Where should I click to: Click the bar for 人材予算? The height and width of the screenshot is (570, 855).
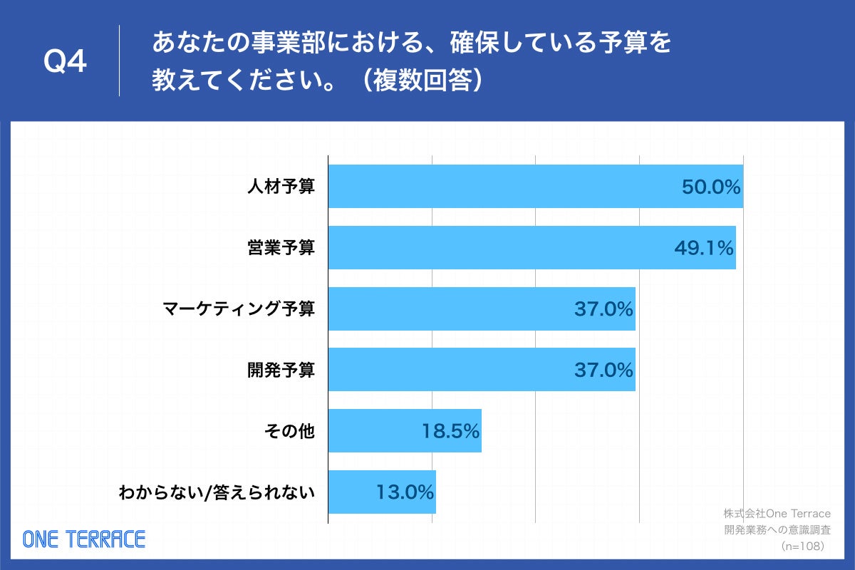(x=499, y=187)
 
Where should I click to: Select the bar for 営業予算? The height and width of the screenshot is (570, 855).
(x=499, y=248)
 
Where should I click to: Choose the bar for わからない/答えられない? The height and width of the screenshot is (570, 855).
(x=356, y=492)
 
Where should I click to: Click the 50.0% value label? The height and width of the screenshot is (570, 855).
(x=711, y=187)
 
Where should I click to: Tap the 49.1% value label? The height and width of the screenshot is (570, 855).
(x=703, y=249)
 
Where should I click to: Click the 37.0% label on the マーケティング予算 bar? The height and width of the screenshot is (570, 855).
(x=603, y=310)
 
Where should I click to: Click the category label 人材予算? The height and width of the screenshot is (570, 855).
(x=281, y=187)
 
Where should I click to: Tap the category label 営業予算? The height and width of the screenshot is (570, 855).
(x=281, y=249)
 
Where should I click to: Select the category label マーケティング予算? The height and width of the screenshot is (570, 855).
(x=238, y=310)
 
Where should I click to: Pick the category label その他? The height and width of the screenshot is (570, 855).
(x=288, y=432)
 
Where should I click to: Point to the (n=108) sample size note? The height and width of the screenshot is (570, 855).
(x=802, y=546)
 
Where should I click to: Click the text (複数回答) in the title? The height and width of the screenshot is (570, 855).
(x=422, y=80)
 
